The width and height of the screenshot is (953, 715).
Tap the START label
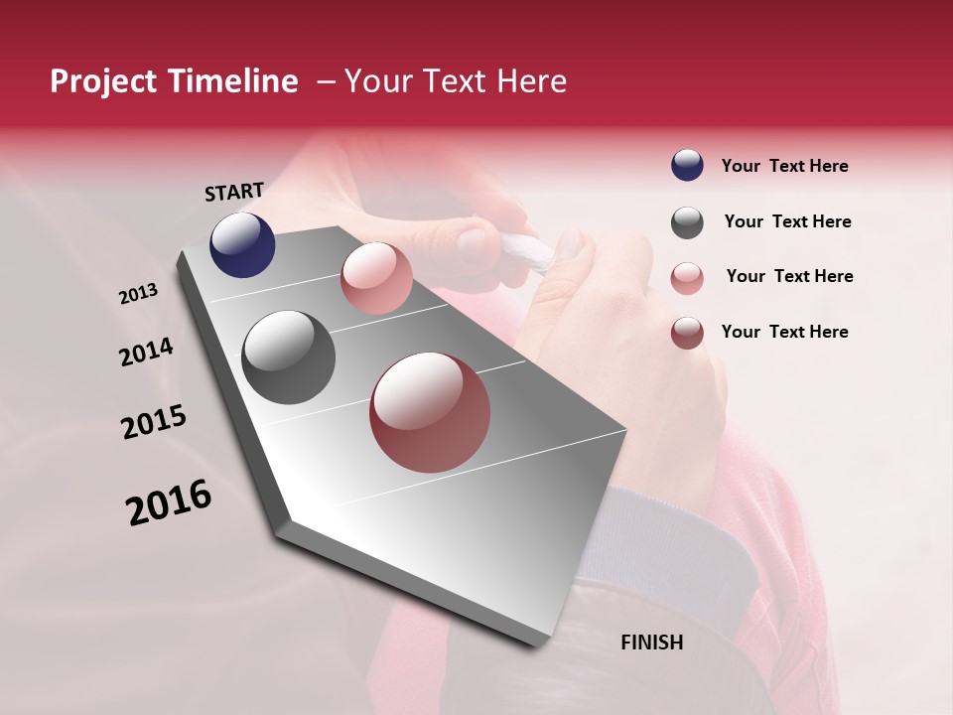point(234,192)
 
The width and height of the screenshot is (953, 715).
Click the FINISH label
point(651,643)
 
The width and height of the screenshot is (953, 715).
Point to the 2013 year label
point(138,294)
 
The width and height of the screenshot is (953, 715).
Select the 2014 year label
point(146,352)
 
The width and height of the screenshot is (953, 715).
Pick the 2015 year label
point(154,422)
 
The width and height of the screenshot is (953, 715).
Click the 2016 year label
point(169,501)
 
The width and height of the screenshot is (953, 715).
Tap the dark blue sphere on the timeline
point(242,244)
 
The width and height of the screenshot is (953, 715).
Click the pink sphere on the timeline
point(376,278)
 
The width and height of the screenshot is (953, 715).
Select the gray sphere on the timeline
point(288,357)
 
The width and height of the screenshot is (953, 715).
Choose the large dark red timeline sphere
point(430,412)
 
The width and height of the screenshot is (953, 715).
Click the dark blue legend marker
point(687,165)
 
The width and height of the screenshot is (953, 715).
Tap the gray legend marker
point(687,222)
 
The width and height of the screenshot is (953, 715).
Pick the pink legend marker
point(687,278)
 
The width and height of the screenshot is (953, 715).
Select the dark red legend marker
point(687,333)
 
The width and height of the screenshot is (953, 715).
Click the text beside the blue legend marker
point(784,166)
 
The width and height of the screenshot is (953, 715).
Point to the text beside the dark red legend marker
point(784,332)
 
